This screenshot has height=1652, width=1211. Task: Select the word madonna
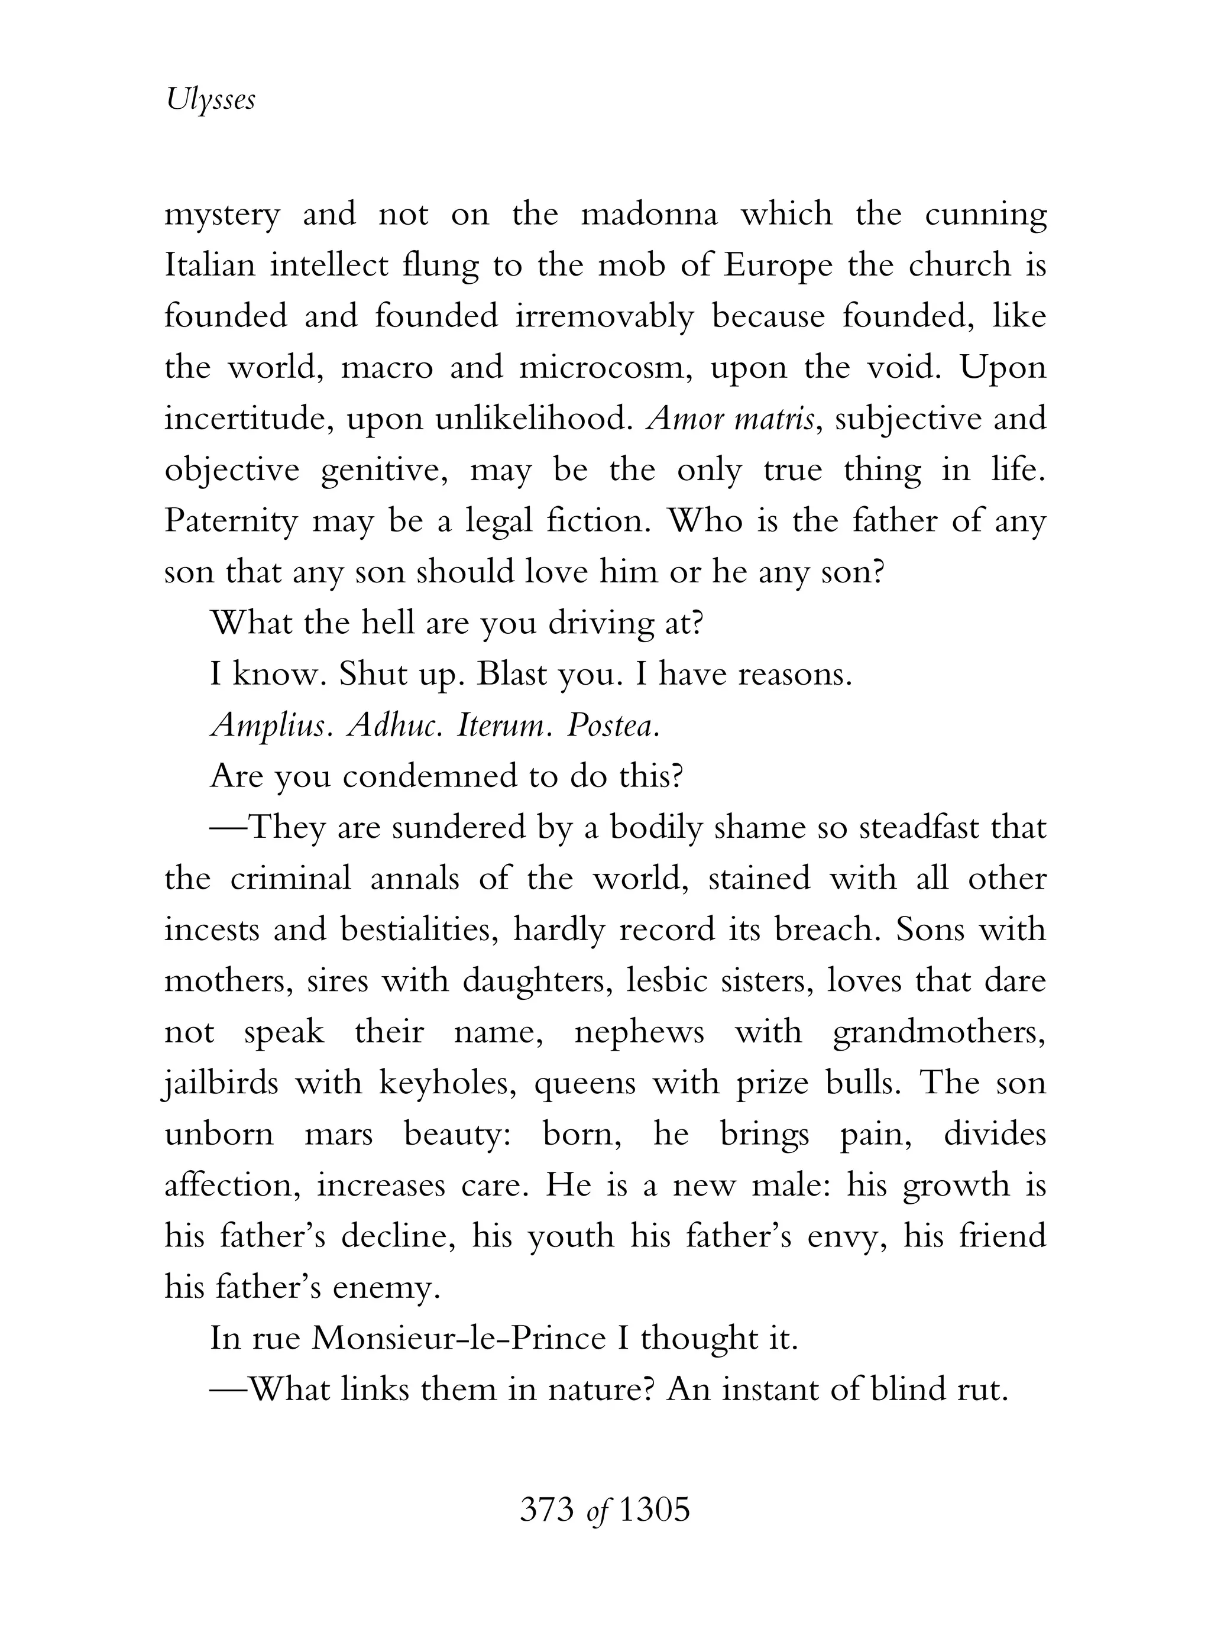[649, 215]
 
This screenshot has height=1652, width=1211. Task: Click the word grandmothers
[939, 1033]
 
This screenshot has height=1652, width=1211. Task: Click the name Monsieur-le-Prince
[459, 1339]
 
